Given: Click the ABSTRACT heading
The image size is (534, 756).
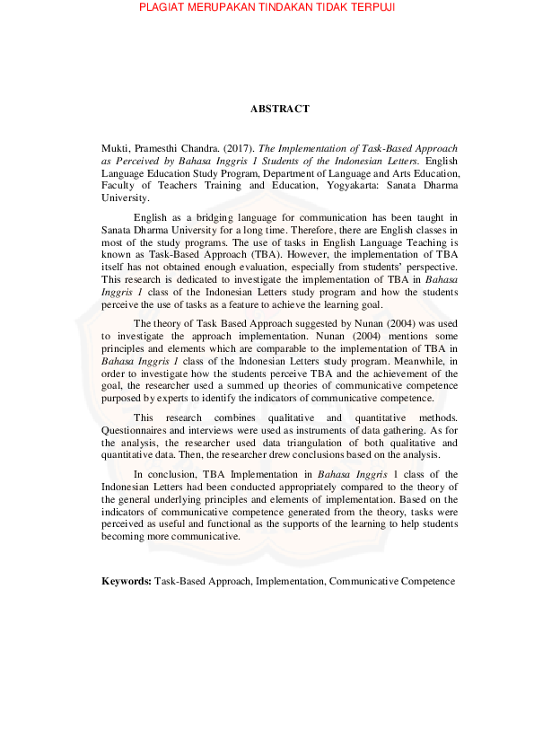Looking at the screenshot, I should coord(279,109).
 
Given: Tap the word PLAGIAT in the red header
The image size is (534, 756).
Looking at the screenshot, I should coord(164,8).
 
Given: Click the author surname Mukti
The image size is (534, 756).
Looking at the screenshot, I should coord(115,147).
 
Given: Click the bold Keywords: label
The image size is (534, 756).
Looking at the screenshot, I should coord(127,582).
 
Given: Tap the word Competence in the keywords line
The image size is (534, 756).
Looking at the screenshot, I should coord(427,582).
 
